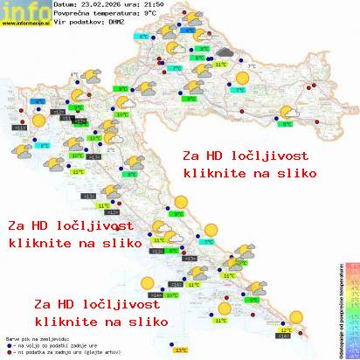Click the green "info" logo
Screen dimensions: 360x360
pyautogui.click(x=24, y=10)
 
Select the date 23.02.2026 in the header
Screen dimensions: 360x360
pyautogui.click(x=104, y=5)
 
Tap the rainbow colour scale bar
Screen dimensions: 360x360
pyautogui.click(x=351, y=306)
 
